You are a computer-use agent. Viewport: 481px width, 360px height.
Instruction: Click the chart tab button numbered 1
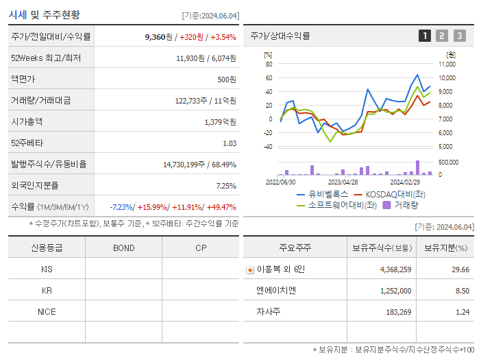(x=425, y=36)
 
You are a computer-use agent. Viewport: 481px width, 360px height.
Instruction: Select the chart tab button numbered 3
(x=459, y=36)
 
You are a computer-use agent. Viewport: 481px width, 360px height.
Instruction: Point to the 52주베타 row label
(x=27, y=143)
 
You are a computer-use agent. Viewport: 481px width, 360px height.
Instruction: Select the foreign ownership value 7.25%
(x=225, y=186)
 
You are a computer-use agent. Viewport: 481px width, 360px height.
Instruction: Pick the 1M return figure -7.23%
(x=122, y=207)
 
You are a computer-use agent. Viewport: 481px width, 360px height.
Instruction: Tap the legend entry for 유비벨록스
(x=321, y=194)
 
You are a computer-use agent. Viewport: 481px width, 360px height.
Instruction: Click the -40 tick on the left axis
(x=268, y=147)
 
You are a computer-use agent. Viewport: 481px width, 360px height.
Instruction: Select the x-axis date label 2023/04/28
(x=343, y=182)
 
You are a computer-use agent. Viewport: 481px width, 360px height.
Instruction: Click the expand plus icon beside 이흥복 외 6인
(x=249, y=270)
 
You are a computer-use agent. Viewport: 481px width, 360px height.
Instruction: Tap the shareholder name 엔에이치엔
(x=276, y=291)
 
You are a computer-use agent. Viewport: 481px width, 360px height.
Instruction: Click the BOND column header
(x=124, y=248)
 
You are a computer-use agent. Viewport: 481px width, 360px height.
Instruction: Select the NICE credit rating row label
(x=47, y=312)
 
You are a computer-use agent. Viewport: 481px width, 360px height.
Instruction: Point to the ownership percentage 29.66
(x=461, y=269)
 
